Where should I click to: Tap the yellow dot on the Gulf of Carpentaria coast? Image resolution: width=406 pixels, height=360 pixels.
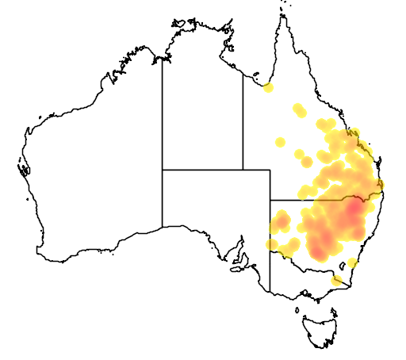tap(268, 87)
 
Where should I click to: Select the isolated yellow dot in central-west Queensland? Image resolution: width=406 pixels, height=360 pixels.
tap(279, 142)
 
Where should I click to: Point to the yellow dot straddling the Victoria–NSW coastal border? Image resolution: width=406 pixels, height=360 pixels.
tap(338, 279)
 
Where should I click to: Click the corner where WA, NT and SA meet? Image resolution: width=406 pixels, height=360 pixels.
tap(163, 169)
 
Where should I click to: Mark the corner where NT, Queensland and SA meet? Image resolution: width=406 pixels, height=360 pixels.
tap(243, 169)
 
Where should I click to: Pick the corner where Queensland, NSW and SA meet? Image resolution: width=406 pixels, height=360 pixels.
tap(270, 200)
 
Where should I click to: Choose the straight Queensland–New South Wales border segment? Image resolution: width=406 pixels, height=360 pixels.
tap(305, 200)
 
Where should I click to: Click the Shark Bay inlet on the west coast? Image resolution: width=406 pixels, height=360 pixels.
tap(24, 167)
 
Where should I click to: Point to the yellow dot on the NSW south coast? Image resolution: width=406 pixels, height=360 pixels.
tap(352, 263)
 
